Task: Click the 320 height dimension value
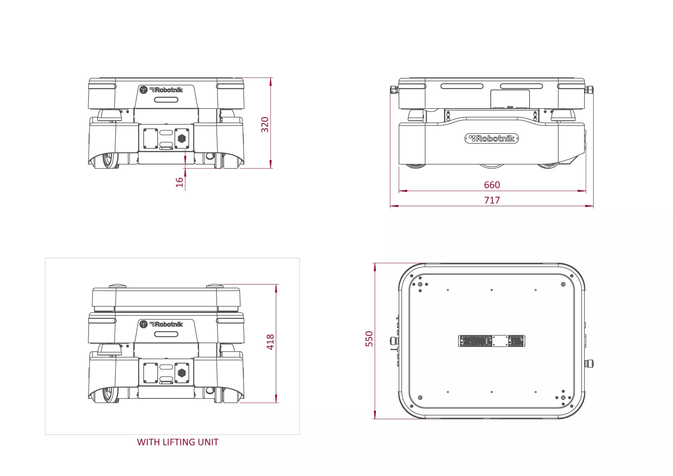[x=265, y=125]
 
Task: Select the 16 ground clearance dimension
[x=180, y=182]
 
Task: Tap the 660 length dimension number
[x=492, y=185]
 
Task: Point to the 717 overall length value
[x=492, y=200]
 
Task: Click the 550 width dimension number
[x=369, y=339]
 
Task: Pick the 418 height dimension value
[x=271, y=342]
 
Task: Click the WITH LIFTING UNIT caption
[x=178, y=442]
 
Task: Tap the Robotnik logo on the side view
[x=492, y=139]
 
